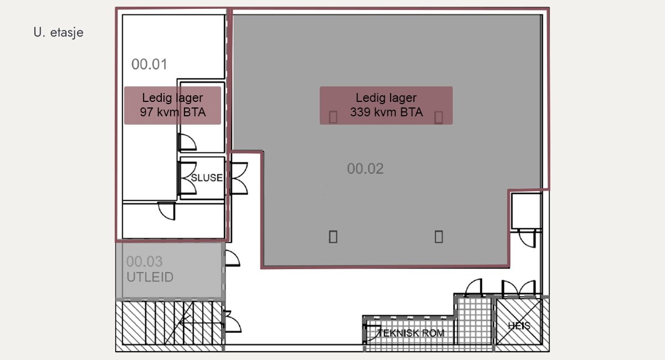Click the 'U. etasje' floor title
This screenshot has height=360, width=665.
[x=58, y=33]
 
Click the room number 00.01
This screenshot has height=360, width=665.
[x=149, y=64]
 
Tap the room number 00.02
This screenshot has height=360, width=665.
[x=365, y=168]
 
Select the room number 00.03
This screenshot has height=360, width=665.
[x=144, y=261]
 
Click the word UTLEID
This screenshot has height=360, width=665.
[x=150, y=277]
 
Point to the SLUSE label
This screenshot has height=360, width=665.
[x=207, y=178]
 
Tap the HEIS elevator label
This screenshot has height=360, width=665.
[x=519, y=326]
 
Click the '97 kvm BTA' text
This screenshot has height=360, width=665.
[x=172, y=113]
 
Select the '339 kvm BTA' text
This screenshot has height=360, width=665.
[x=386, y=112]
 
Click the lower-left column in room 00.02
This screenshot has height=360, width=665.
[x=333, y=237]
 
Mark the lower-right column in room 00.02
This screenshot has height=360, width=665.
[x=438, y=237]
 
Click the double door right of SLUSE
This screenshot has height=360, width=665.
[x=239, y=178]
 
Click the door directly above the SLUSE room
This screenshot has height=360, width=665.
[x=187, y=142]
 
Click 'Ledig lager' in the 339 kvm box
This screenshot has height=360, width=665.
[x=386, y=98]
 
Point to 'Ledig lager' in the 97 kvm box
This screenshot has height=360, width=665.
[x=172, y=98]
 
